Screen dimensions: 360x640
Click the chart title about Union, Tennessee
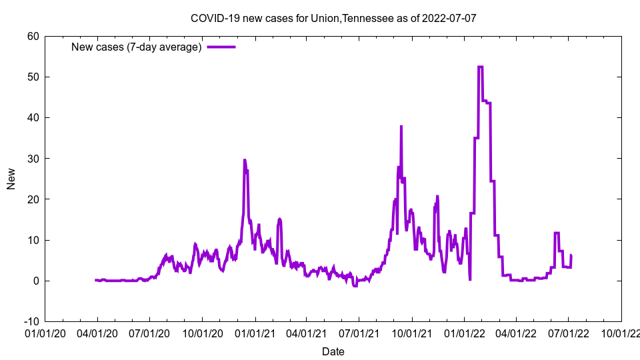[333, 18]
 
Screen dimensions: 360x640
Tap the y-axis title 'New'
[11, 179]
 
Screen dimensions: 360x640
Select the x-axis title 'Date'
[333, 351]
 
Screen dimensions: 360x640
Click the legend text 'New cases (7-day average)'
[136, 47]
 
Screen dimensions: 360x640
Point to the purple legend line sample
[221, 47]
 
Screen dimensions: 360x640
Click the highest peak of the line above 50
[481, 67]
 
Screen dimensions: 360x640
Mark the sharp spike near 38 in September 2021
[401, 126]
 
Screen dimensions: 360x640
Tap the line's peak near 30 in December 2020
[245, 160]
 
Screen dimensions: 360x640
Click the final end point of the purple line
[571, 255]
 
